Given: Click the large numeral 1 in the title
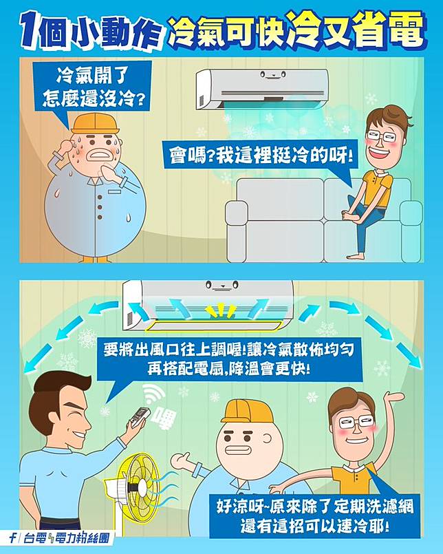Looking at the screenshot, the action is click(29, 30).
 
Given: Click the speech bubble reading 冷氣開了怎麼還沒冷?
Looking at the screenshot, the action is click(93, 87).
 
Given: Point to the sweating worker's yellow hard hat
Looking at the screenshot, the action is click(96, 123).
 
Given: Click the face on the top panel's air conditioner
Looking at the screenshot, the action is click(272, 75).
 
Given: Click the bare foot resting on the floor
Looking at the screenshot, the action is click(356, 256).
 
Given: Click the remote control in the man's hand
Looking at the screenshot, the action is click(140, 416).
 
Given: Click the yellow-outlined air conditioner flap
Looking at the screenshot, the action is click(213, 326).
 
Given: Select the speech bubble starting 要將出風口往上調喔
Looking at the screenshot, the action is click(230, 359).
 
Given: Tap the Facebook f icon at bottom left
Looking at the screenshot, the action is click(12, 538).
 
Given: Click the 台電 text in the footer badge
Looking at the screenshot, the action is click(35, 538).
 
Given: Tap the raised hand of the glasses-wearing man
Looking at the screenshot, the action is click(394, 398).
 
